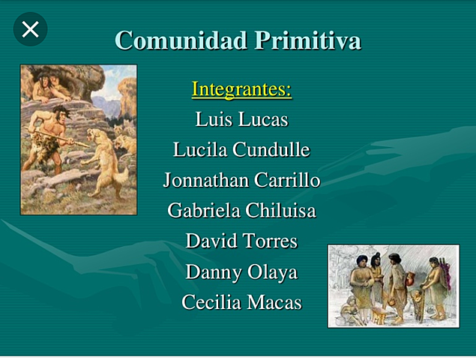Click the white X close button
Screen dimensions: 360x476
[30, 29]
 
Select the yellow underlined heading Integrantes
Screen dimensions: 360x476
[241, 89]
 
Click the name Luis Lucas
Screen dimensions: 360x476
[241, 119]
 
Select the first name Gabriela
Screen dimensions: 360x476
[202, 211]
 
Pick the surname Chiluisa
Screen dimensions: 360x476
[279, 211]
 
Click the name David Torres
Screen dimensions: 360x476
[241, 241]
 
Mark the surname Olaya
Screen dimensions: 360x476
[273, 272]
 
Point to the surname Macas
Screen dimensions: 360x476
[277, 303]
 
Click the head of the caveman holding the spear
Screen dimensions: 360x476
[61, 115]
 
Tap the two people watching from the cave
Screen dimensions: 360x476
[49, 83]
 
